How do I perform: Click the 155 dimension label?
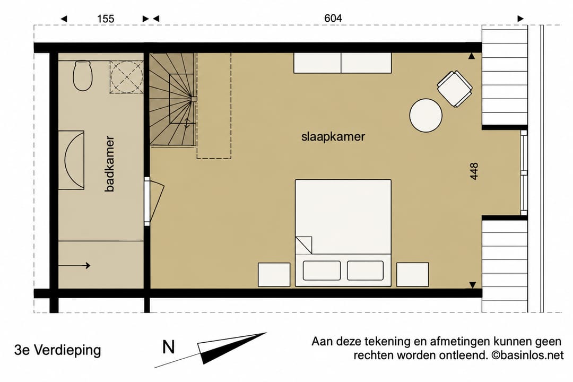[x=106, y=19]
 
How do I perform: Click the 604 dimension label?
[x=333, y=18]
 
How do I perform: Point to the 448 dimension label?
[x=474, y=171]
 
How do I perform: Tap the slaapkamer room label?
[x=333, y=137]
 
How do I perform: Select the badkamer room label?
[x=109, y=164]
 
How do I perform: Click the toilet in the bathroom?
[x=82, y=76]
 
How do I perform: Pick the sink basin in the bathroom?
[x=75, y=160]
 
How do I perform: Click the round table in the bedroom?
[x=426, y=115]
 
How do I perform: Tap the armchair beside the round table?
[x=455, y=89]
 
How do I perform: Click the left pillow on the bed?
[x=322, y=271]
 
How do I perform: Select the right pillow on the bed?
[x=365, y=271]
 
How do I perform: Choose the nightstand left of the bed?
[x=274, y=274]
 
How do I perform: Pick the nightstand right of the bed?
[x=413, y=274]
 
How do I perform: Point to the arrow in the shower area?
[x=74, y=265]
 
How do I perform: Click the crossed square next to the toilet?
[x=126, y=77]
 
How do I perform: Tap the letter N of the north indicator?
[x=169, y=347]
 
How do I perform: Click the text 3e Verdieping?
[x=57, y=350]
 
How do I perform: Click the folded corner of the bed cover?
[x=304, y=245]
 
